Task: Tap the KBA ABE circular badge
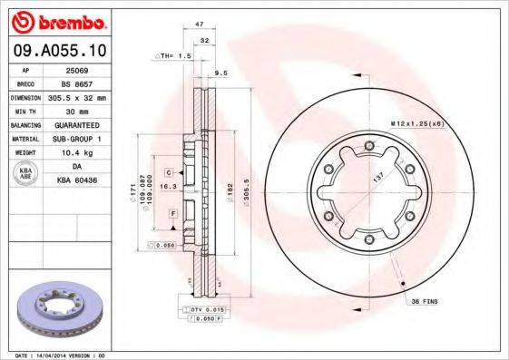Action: [x=24, y=174]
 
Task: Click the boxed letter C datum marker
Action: [x=169, y=171]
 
